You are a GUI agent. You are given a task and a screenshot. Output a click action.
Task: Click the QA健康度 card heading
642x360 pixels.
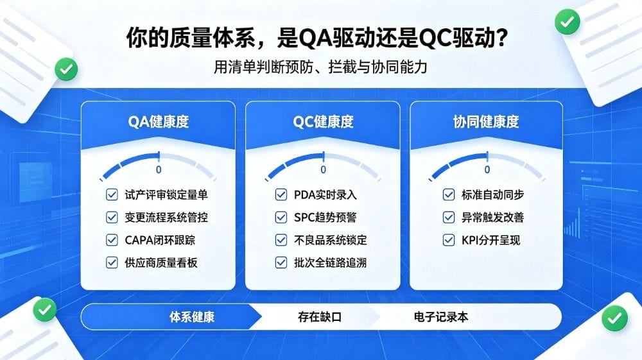(x=159, y=121)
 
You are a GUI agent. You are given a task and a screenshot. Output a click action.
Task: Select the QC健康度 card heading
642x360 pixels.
(x=323, y=121)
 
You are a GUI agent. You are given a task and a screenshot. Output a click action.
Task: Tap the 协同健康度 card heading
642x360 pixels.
(x=486, y=121)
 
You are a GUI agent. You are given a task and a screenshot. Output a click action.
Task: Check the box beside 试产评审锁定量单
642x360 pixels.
(x=112, y=194)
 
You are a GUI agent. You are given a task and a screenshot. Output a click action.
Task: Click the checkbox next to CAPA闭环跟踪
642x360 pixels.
(x=112, y=240)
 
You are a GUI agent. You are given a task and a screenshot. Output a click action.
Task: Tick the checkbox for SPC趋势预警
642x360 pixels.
(x=281, y=218)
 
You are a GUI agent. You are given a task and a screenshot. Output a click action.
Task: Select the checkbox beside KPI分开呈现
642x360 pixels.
(x=449, y=240)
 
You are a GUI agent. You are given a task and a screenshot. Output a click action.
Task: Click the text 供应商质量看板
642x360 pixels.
(x=161, y=262)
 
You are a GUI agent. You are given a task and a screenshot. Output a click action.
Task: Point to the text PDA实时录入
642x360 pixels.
(x=325, y=194)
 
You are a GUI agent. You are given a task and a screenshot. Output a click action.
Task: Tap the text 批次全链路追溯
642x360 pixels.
(x=330, y=262)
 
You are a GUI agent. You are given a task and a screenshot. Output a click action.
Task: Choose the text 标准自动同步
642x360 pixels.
(x=492, y=194)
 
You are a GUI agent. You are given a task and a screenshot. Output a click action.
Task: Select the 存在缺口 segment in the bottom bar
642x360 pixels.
(x=320, y=317)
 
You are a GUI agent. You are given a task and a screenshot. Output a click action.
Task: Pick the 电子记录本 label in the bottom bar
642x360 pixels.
(x=441, y=317)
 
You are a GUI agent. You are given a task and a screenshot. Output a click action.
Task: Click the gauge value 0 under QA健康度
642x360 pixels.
(x=159, y=169)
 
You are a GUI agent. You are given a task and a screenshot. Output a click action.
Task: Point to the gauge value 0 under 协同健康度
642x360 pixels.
(x=487, y=169)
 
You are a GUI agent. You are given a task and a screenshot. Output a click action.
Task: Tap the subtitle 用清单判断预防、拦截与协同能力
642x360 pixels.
(x=320, y=67)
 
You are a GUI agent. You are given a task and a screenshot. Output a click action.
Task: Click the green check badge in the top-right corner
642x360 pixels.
(x=567, y=22)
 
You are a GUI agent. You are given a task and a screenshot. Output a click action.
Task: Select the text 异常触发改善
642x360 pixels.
(x=492, y=218)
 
